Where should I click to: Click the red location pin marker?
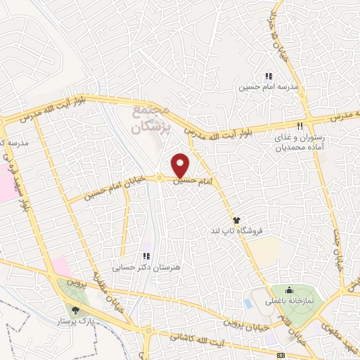click(181, 165)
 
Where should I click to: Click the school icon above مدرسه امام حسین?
click(268, 76)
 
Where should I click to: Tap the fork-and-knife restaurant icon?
click(300, 127)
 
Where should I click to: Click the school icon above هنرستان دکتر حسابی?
click(146, 257)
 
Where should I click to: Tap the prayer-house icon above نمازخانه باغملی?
click(289, 290)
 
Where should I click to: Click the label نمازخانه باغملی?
click(289, 300)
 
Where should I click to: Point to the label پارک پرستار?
click(76, 321)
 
